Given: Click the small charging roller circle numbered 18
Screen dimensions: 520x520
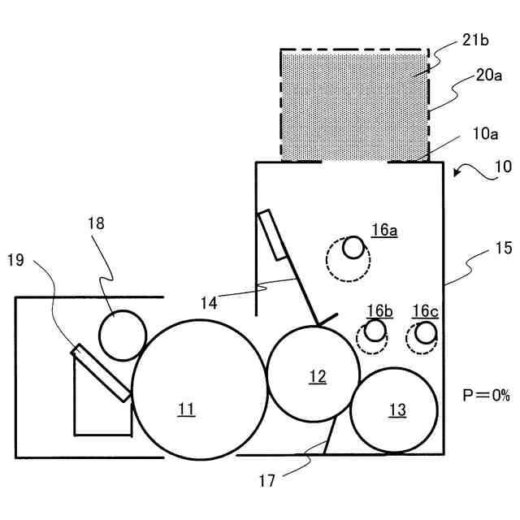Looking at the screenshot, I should (x=122, y=335).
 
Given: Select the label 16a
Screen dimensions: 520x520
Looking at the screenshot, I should (x=384, y=230).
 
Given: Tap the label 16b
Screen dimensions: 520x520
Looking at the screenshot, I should (x=379, y=310).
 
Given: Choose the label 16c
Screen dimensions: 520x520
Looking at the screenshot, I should (x=425, y=310).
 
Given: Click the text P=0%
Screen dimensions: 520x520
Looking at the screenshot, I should (x=486, y=396).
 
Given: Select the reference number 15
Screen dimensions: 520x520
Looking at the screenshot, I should (x=504, y=249).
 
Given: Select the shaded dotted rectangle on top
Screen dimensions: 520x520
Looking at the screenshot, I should (x=354, y=105).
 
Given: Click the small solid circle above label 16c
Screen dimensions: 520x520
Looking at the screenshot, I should (x=425, y=331).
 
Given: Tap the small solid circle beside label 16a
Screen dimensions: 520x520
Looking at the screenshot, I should (x=353, y=247).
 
